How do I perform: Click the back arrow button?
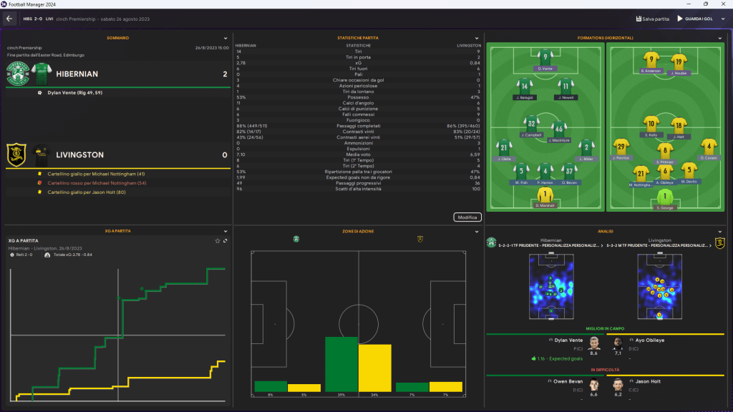(10, 19)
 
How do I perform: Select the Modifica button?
(467, 217)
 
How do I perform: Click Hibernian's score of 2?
(225, 74)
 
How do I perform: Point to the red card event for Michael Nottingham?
(96, 183)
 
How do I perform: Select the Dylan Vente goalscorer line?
(75, 92)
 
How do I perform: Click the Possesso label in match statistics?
(358, 97)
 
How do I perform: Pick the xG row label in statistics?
(358, 63)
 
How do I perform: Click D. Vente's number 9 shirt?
(545, 57)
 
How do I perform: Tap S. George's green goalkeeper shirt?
(666, 195)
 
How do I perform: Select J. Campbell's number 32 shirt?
(530, 122)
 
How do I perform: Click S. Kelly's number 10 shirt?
(651, 122)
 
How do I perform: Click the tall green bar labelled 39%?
(341, 364)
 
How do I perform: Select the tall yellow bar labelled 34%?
(374, 368)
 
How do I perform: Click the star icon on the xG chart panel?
(218, 240)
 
